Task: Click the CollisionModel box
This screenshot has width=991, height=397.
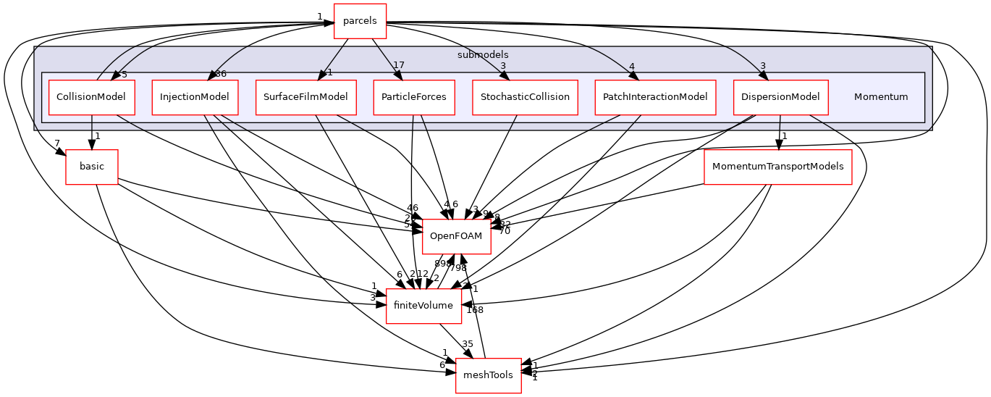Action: [x=91, y=97]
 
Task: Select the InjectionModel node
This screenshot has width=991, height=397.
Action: [x=195, y=97]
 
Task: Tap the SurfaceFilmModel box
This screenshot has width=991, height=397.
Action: [x=305, y=97]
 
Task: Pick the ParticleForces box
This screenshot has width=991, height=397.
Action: [x=413, y=97]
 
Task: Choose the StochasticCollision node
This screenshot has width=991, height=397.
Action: [x=525, y=97]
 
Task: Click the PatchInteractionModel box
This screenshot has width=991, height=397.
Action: [x=654, y=97]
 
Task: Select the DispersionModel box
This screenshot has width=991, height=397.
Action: [x=780, y=97]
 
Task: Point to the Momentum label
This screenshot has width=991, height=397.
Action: [x=880, y=97]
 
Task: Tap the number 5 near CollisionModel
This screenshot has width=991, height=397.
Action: [x=124, y=74]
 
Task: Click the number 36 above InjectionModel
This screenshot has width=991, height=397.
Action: [x=221, y=74]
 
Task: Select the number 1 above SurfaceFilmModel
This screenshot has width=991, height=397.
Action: [x=329, y=72]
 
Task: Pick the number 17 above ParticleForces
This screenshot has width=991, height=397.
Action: [x=398, y=66]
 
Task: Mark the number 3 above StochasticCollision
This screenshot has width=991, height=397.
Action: [x=502, y=67]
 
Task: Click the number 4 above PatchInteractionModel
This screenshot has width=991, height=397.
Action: [x=631, y=67]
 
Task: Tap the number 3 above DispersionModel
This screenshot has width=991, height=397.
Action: [x=762, y=67]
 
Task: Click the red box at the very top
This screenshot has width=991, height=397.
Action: [x=359, y=20]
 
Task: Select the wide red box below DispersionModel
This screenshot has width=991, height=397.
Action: [x=777, y=167]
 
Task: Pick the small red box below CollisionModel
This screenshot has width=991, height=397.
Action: [x=91, y=167]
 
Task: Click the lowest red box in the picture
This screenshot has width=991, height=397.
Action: [x=488, y=376]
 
